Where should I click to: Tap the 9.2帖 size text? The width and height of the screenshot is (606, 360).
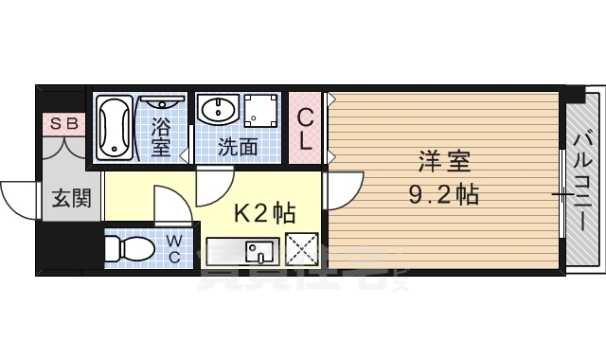click(443, 195)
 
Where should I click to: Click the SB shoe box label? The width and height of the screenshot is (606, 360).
click(63, 122)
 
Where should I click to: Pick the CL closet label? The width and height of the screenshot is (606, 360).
click(305, 129)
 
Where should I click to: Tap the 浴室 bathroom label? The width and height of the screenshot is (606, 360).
click(161, 135)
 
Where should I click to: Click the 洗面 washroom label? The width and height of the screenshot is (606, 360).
click(238, 147)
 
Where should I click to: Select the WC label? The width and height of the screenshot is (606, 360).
click(175, 249)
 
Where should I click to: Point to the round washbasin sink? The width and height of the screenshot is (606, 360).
click(217, 110)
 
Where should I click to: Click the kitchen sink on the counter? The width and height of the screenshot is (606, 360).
click(258, 252)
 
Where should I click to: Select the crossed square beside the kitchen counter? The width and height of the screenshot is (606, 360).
click(303, 251)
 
